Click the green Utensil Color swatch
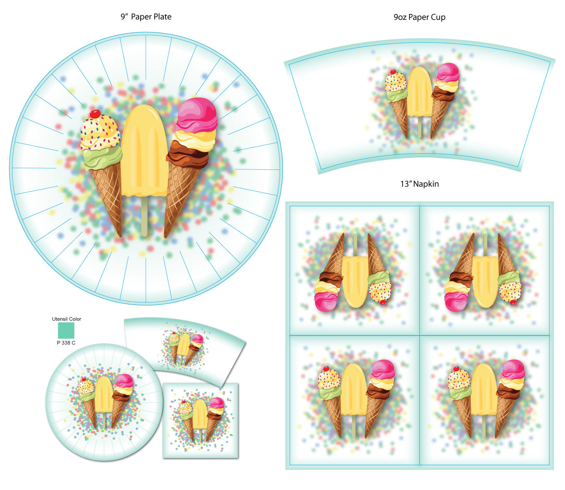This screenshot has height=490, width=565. pyautogui.click(x=66, y=331)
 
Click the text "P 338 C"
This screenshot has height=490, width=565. pyautogui.click(x=66, y=343)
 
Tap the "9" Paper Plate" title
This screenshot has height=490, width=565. pyautogui.click(x=146, y=17)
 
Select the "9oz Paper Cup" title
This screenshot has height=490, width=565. pyautogui.click(x=419, y=17)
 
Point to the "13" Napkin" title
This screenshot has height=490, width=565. pyautogui.click(x=419, y=184)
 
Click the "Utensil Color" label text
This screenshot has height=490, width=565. pyautogui.click(x=67, y=319)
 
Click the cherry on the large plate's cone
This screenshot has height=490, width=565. pyautogui.click(x=95, y=114)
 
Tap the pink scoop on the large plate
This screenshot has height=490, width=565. pyautogui.click(x=197, y=114)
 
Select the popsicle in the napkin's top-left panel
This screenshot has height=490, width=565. pyautogui.click(x=355, y=281)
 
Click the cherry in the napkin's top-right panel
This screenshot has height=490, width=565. pyautogui.click(x=513, y=302)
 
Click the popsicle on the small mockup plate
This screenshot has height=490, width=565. pyautogui.click(x=103, y=395)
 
